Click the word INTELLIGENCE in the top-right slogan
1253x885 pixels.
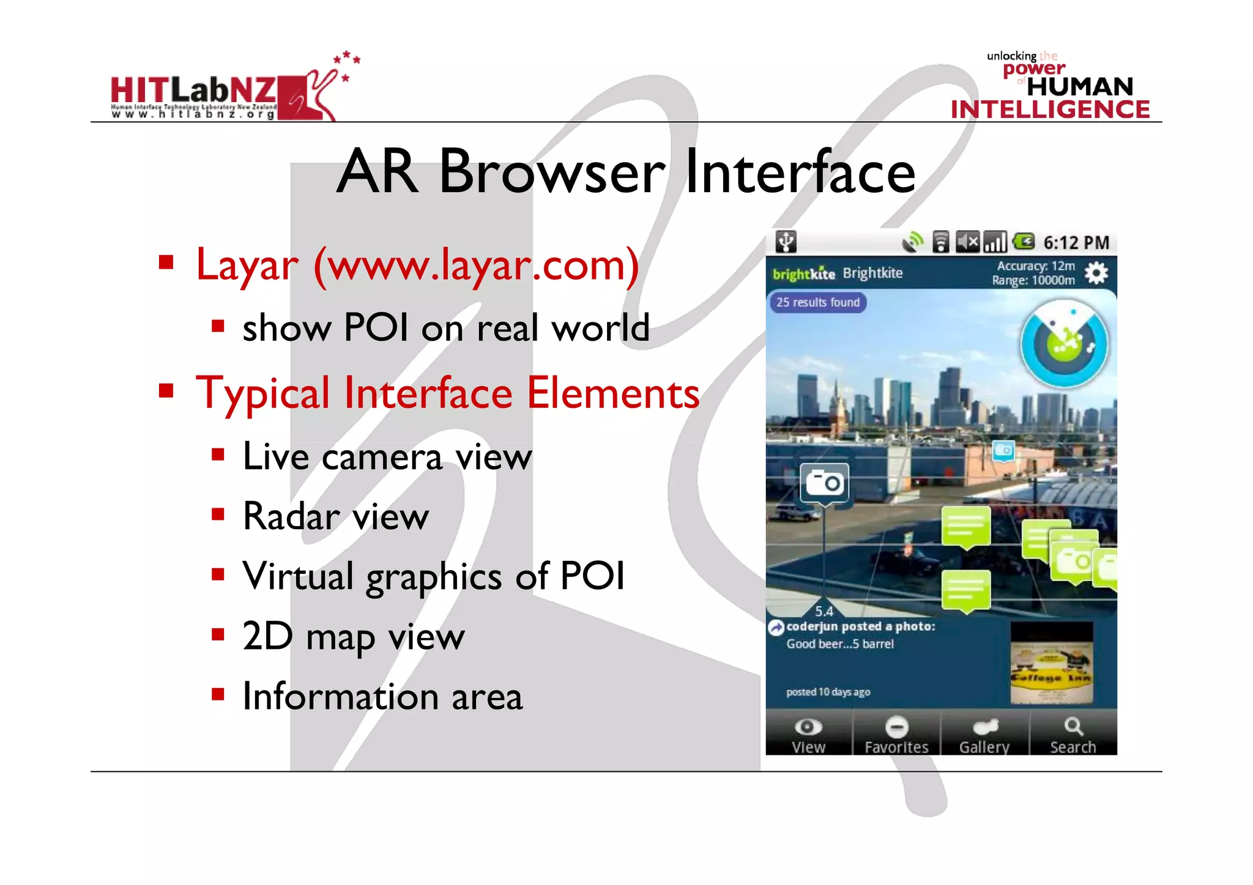pyautogui.click(x=1050, y=109)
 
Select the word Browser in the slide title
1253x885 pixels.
pyautogui.click(x=552, y=172)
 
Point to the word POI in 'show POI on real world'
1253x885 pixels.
pyautogui.click(x=376, y=328)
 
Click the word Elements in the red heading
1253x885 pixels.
pyautogui.click(x=613, y=393)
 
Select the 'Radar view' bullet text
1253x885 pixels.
pyautogui.click(x=336, y=517)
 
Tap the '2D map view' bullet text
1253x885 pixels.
pyautogui.click(x=354, y=637)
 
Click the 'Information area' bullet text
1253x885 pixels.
pyautogui.click(x=382, y=697)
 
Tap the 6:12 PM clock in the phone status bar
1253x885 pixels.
pyautogui.click(x=1076, y=243)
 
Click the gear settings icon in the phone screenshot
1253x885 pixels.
pyautogui.click(x=1096, y=273)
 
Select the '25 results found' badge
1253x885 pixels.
pyautogui.click(x=817, y=302)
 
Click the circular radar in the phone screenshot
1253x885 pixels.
pyautogui.click(x=1064, y=344)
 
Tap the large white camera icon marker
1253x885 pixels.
pyautogui.click(x=824, y=483)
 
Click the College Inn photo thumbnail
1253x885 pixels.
pyautogui.click(x=1051, y=664)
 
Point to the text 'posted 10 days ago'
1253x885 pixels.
pyautogui.click(x=828, y=692)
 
